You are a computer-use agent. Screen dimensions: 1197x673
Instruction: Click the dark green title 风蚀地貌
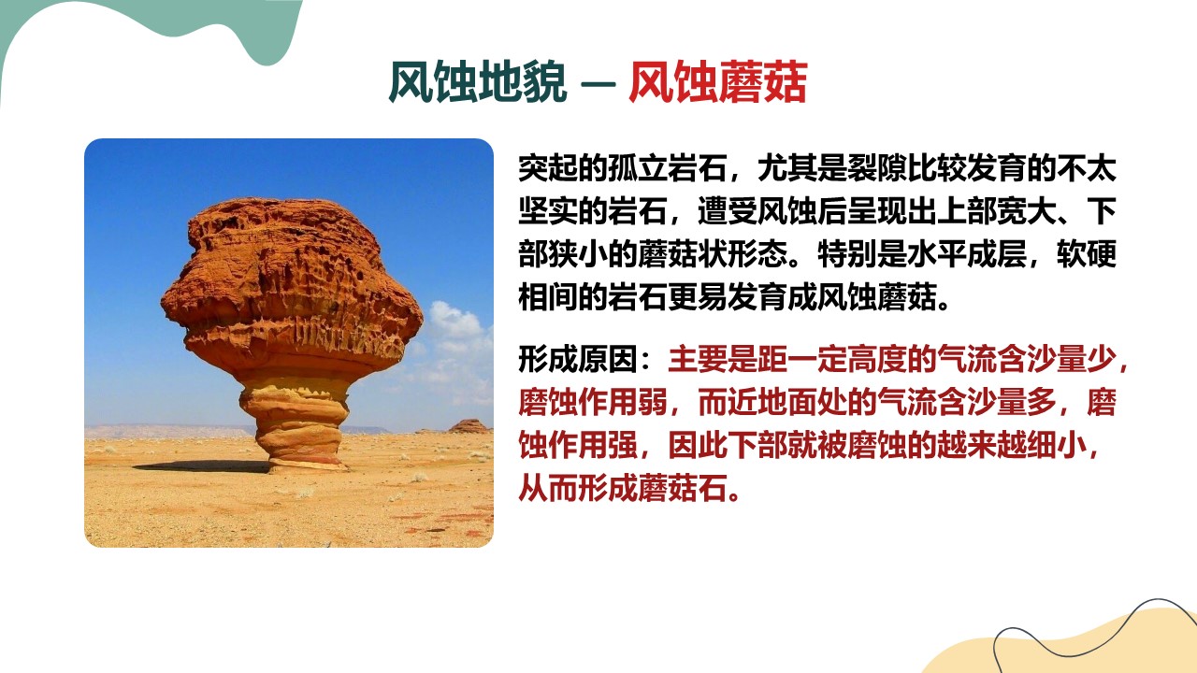point(478,82)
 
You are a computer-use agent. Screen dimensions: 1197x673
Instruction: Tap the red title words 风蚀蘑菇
point(717,82)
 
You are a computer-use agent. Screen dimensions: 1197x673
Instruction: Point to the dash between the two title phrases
point(598,84)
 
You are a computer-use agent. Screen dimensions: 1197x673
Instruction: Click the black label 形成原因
point(578,360)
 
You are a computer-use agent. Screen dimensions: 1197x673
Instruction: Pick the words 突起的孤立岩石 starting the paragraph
point(622,168)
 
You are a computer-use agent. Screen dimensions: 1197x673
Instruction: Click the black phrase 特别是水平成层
point(922,253)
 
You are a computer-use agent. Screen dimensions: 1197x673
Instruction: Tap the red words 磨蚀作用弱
point(593,402)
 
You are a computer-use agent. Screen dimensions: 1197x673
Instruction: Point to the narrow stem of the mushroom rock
point(296,424)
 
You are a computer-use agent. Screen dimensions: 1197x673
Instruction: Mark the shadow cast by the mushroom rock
point(203,466)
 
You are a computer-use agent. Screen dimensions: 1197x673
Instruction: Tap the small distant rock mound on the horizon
point(469,426)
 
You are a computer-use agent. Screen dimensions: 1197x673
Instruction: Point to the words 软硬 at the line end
point(1087,253)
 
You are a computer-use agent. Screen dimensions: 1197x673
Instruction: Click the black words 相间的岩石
point(593,296)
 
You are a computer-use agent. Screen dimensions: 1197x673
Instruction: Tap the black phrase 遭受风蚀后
point(772,211)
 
